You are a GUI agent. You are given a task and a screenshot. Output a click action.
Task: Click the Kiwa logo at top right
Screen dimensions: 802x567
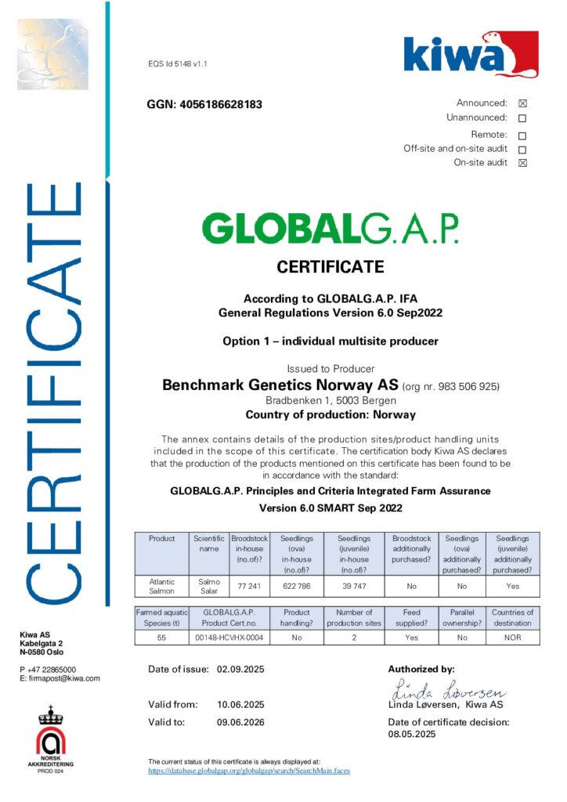point(471,55)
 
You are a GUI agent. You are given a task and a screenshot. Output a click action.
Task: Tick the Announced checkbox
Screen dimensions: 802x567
point(522,103)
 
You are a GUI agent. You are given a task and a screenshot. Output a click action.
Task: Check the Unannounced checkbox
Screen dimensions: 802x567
point(522,118)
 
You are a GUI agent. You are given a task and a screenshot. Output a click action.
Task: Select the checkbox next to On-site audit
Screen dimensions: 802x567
point(522,163)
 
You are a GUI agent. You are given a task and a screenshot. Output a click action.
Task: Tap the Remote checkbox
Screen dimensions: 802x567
point(522,135)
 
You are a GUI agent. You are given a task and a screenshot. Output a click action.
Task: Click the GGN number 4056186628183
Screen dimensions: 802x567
point(204,104)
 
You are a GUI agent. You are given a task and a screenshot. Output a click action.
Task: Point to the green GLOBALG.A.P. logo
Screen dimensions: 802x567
point(330,229)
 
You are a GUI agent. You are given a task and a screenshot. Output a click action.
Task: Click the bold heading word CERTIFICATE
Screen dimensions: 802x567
point(330,267)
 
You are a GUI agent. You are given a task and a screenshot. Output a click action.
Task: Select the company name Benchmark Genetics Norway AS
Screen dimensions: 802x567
point(280,385)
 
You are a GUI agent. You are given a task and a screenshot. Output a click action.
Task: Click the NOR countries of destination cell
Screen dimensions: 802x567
point(512,638)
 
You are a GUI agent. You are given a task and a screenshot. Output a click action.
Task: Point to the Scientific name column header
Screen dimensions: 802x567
point(208,544)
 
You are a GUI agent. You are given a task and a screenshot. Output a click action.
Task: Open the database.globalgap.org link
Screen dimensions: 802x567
point(249,771)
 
